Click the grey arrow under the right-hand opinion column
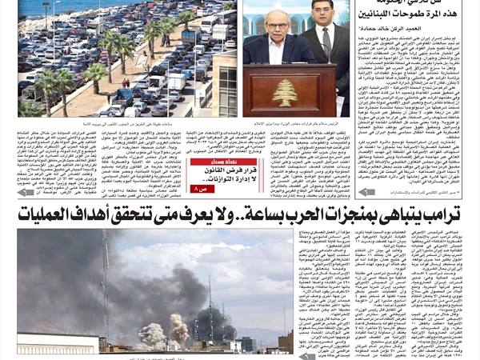(x=366, y=192)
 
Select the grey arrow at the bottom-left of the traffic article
(x=26, y=192)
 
